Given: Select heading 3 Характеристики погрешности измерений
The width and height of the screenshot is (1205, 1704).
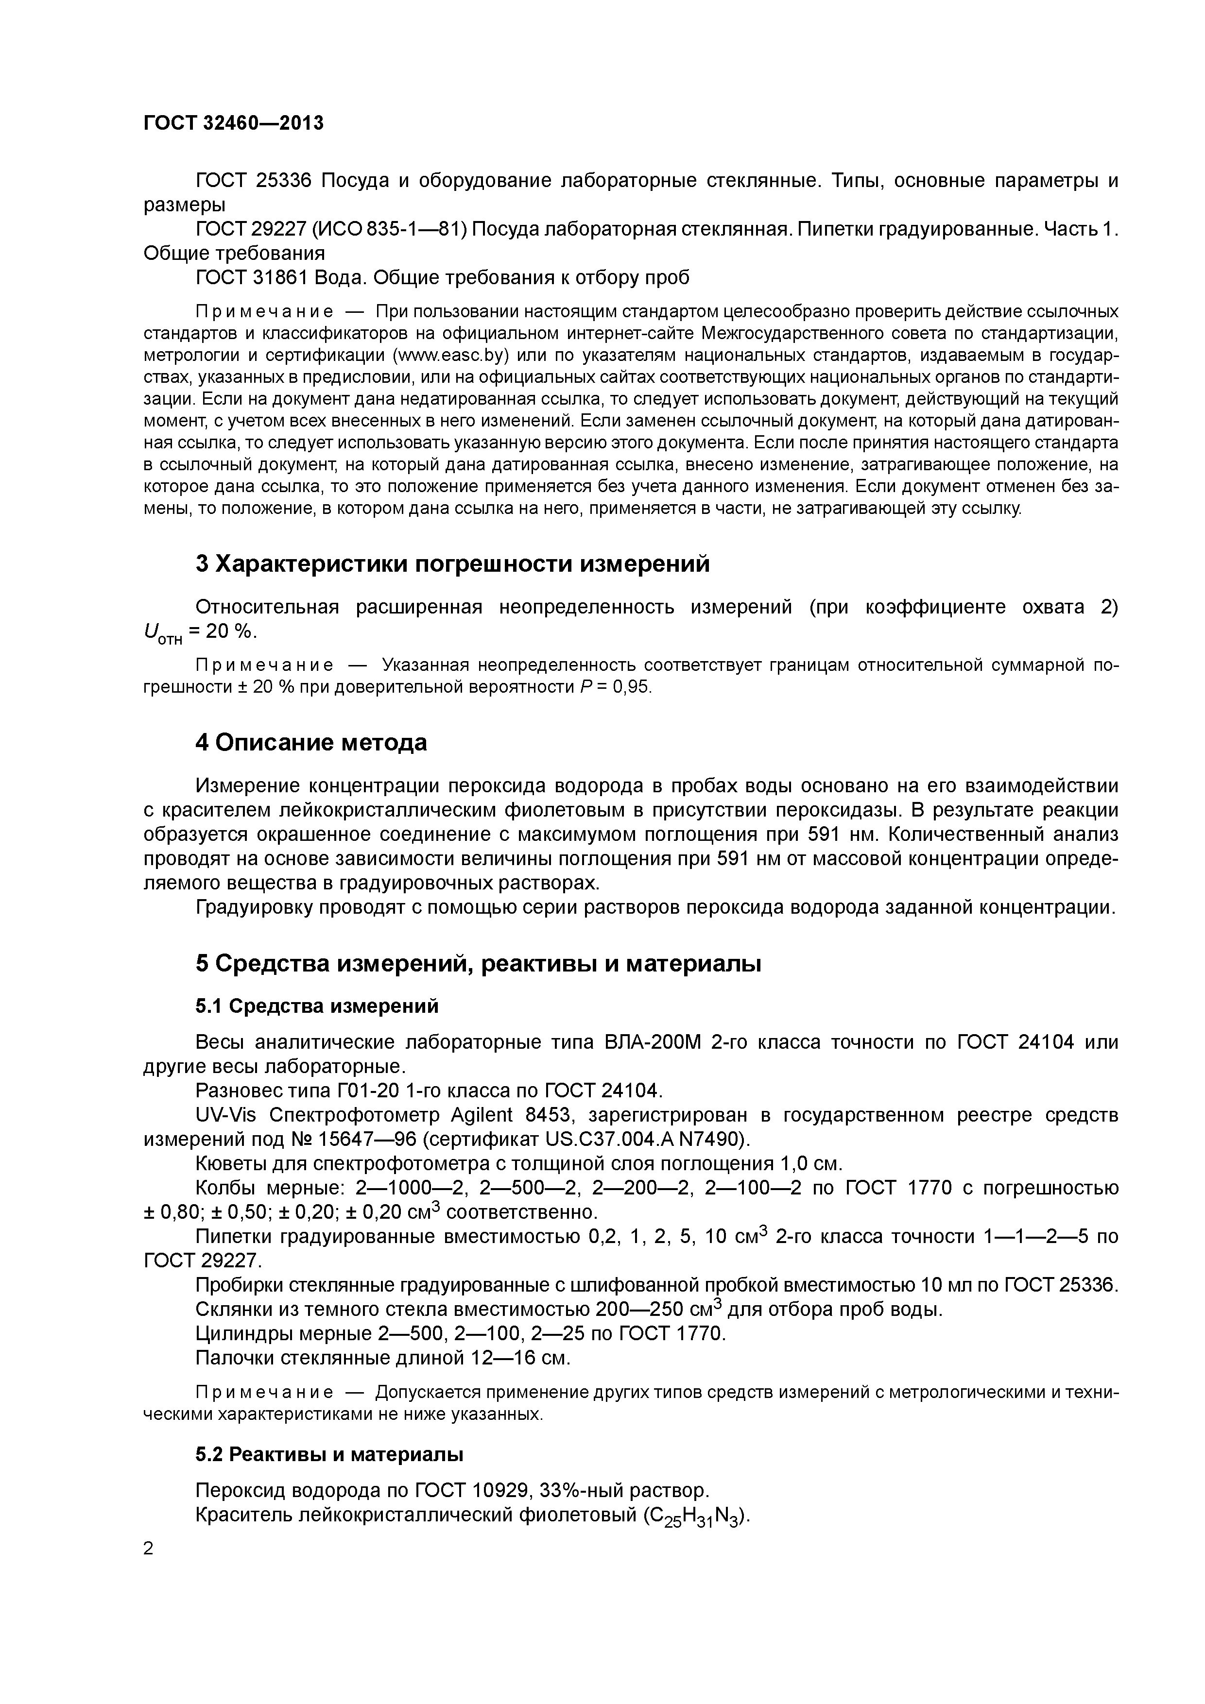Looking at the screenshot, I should point(452,564).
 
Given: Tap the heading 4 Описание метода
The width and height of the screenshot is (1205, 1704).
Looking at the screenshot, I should point(311,742).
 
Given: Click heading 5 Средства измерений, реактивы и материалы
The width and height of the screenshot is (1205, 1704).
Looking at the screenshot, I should point(478,963).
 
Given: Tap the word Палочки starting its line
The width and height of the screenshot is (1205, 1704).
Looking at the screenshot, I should point(233,1358).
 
